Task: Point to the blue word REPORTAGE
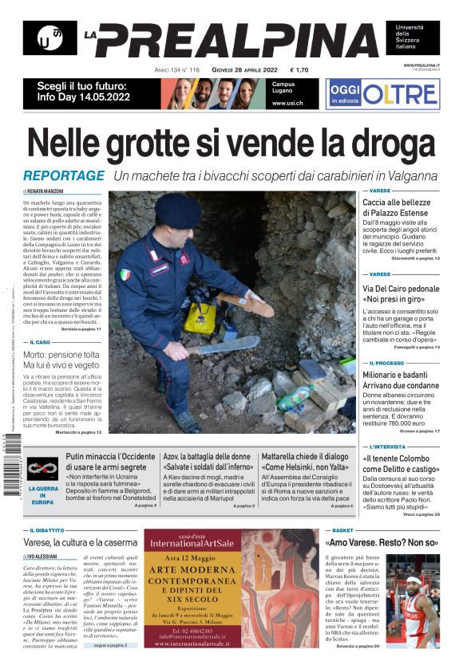(x=64, y=176)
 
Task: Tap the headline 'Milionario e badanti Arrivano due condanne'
(x=402, y=381)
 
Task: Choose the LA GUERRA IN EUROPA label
(x=43, y=495)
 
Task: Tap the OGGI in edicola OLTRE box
(x=382, y=94)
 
